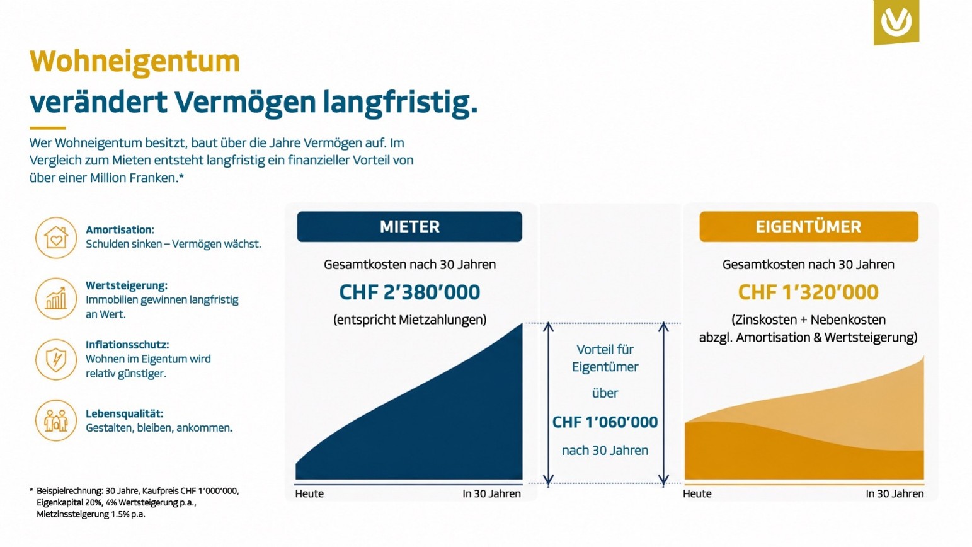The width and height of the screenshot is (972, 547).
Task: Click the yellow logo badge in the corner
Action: click(x=896, y=21)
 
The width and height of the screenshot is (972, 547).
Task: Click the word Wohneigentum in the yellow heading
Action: click(x=135, y=62)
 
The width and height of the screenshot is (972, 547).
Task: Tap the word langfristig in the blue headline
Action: click(x=400, y=103)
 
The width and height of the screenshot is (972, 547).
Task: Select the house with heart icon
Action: click(x=56, y=238)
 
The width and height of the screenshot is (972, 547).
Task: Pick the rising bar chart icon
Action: click(x=56, y=299)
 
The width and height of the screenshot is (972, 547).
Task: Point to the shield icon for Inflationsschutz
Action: click(x=56, y=359)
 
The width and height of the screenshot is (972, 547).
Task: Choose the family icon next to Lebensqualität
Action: click(x=56, y=420)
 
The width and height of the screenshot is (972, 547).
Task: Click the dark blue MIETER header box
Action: click(x=409, y=227)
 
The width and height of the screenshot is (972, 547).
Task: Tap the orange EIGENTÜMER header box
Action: click(x=809, y=227)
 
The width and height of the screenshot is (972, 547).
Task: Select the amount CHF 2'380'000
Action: click(x=409, y=292)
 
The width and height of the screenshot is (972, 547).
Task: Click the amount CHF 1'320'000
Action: click(x=808, y=292)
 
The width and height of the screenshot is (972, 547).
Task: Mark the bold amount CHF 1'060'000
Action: click(x=605, y=422)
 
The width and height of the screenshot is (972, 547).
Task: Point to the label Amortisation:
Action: click(x=120, y=229)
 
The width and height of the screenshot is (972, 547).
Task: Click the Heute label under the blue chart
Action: click(x=309, y=493)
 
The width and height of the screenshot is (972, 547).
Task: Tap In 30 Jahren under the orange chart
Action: click(x=895, y=493)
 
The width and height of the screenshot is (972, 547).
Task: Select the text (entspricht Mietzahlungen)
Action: click(x=409, y=320)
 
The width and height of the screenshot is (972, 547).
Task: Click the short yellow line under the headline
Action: click(x=48, y=128)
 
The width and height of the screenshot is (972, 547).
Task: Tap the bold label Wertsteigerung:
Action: click(x=126, y=285)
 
